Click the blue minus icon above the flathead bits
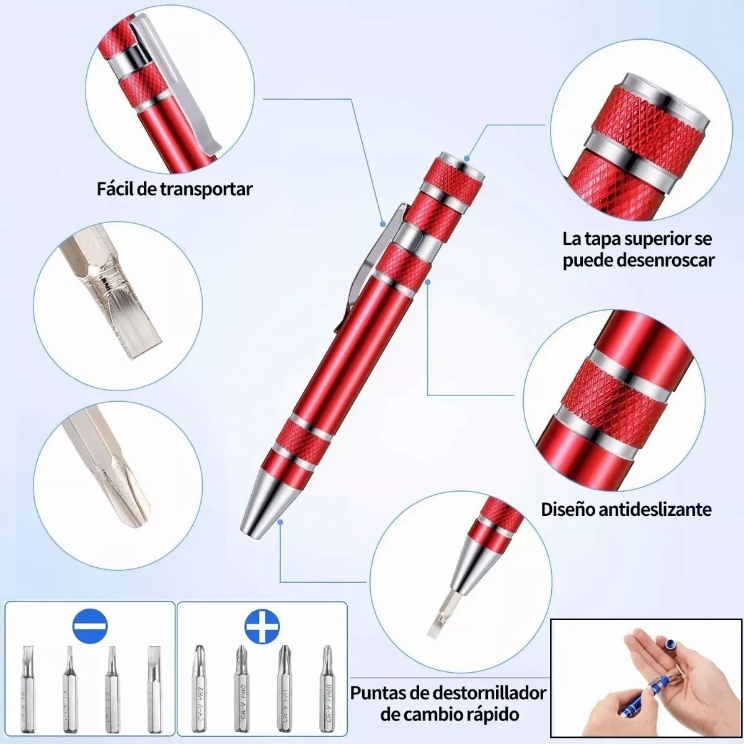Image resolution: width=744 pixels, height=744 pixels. coord(90,627)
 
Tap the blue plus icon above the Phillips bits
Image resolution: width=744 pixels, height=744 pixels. coord(262,627)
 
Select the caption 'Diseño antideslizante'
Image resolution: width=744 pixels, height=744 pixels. coord(626,509)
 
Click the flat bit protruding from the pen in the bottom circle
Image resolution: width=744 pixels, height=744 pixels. coord(438,616)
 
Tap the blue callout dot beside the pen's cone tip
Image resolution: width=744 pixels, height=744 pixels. coord(280,522)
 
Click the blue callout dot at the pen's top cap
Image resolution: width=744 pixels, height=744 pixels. coord(466,158)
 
